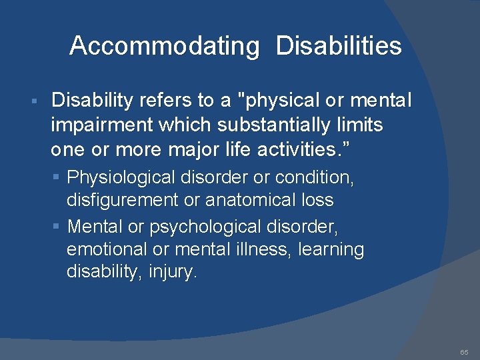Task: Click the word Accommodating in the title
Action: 164,46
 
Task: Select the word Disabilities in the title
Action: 339,46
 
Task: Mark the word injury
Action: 175,273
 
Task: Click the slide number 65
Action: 464,351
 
